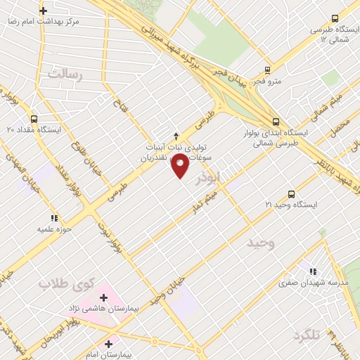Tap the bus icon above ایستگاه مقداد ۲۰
click(34, 119)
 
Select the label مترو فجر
click(267, 81)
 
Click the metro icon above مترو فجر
click(266, 70)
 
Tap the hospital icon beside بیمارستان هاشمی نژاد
click(104, 297)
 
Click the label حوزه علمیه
click(54, 229)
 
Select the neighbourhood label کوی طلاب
click(66, 284)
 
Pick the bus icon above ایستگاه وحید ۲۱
click(291, 193)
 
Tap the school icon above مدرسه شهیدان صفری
click(313, 271)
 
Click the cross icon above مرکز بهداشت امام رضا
click(44, 11)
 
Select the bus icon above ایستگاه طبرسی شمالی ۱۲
click(335, 19)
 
